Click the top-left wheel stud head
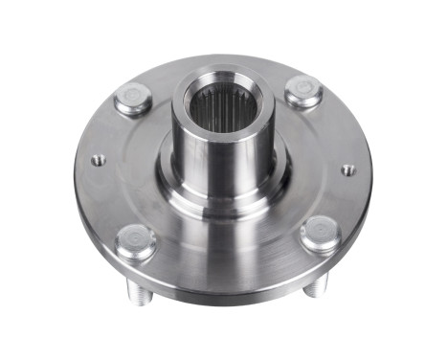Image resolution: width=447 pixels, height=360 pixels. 133,99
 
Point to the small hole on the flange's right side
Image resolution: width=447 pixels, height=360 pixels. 347,170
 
